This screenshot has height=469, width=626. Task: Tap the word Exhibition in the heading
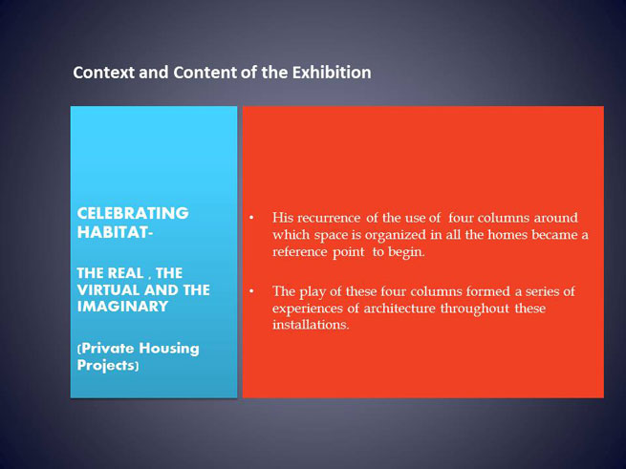[332, 73]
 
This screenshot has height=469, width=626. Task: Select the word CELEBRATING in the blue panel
[133, 213]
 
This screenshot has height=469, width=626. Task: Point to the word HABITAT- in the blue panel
[115, 232]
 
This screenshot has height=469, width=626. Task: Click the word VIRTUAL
[108, 289]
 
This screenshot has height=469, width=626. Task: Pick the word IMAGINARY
[122, 307]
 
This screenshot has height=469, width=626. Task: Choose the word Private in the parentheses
[107, 349]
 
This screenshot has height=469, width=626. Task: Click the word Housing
[169, 350]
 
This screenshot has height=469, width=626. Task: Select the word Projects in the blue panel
[105, 366]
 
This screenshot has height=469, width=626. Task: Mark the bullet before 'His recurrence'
[251, 218]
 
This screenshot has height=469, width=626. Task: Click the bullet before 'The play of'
[251, 291]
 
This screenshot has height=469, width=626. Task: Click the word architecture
[399, 309]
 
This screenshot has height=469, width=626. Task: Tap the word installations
[311, 325]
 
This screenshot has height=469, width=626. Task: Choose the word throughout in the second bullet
[475, 309]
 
